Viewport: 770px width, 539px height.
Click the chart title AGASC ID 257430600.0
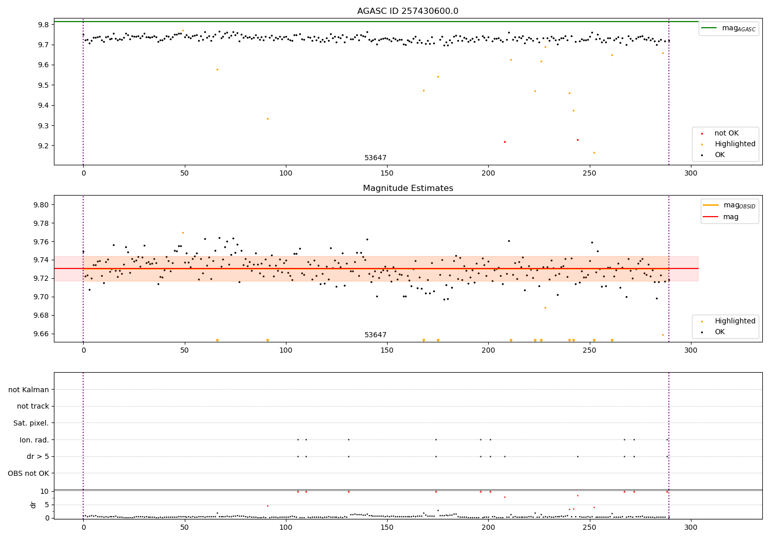pos(408,11)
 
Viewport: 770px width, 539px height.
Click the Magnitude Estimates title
pos(408,188)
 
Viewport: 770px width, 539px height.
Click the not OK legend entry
pos(726,133)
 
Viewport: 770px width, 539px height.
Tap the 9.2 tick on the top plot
pos(43,146)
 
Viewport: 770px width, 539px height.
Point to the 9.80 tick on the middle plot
pos(41,205)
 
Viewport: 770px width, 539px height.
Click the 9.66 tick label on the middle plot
pos(41,334)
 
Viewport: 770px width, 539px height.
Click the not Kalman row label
pos(29,390)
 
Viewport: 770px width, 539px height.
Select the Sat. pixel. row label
pos(31,423)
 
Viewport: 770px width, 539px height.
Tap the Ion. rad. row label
pos(34,440)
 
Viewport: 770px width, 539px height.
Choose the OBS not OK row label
pos(28,473)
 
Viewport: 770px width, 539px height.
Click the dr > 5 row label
pos(37,456)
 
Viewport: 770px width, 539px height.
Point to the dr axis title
pos(33,505)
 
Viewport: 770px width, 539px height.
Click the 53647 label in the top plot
pos(375,158)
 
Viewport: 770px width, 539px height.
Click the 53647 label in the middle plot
pos(375,335)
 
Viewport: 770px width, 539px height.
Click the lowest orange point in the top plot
pos(594,152)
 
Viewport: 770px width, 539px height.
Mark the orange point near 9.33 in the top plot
pos(267,119)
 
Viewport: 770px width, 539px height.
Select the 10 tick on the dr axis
pos(44,491)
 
